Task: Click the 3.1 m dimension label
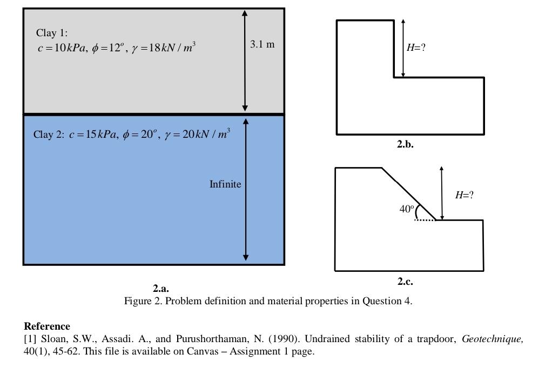[x=262, y=44]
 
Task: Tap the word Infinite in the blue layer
[x=225, y=184]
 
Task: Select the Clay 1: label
[x=52, y=33]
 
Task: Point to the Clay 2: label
[x=49, y=134]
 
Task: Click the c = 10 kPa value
[x=62, y=48]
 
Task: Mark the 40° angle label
[x=407, y=209]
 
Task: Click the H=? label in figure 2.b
[x=416, y=47]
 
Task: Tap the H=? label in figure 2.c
[x=465, y=195]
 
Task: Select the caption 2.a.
[x=161, y=289]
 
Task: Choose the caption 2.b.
[x=405, y=144]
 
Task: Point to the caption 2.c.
[x=405, y=282]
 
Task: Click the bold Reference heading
[x=47, y=326]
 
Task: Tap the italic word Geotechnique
[x=493, y=339]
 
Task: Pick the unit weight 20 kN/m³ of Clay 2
[x=198, y=133]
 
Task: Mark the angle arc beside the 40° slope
[x=418, y=212]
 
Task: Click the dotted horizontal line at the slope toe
[x=425, y=220]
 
